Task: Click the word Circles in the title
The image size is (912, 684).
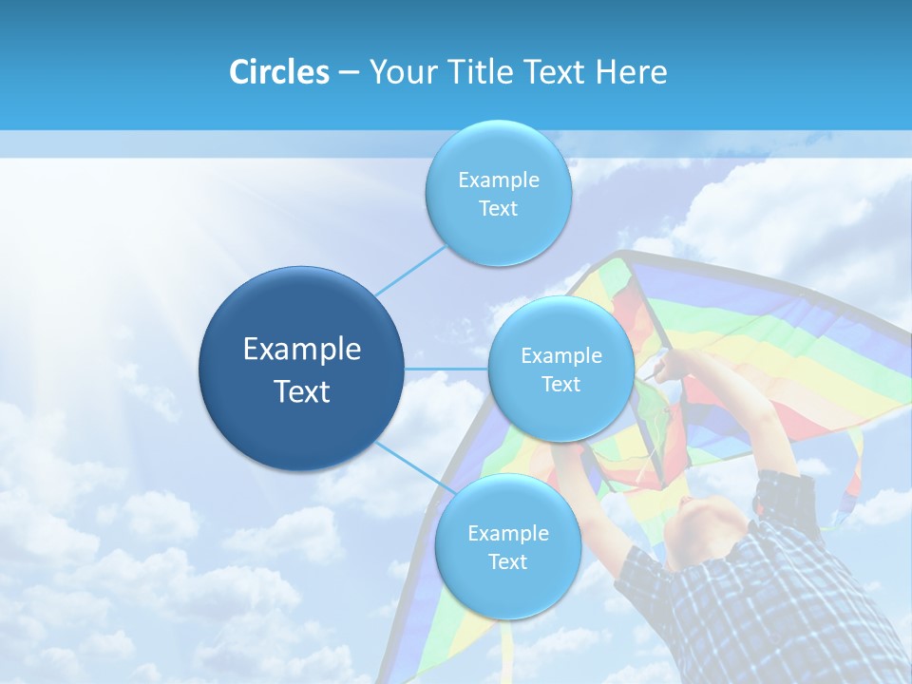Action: click(278, 72)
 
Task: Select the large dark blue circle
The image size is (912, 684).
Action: click(301, 369)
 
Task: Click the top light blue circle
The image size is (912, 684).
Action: click(498, 194)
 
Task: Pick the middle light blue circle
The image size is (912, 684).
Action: click(560, 369)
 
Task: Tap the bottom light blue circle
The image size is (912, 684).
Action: click(507, 547)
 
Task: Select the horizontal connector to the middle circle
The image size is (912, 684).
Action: click(446, 369)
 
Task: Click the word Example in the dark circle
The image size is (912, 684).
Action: click(301, 349)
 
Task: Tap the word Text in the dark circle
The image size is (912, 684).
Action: click(301, 391)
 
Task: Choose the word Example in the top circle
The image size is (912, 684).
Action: click(498, 180)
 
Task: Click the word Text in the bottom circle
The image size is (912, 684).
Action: click(507, 561)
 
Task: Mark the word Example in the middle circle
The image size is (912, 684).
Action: click(560, 355)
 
